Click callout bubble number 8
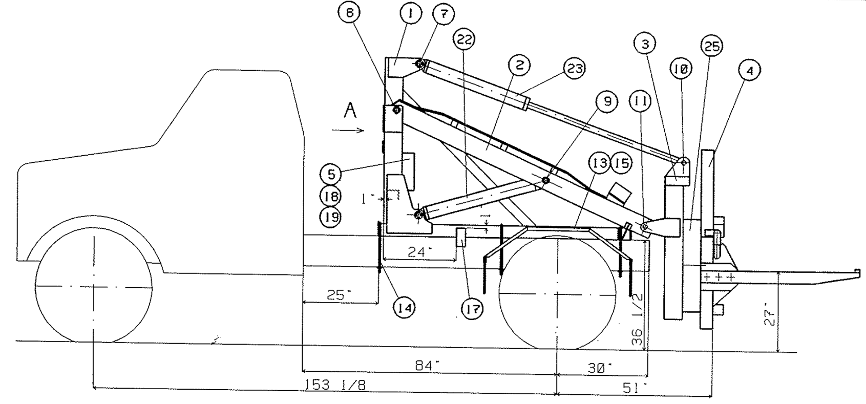349,13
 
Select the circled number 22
464,39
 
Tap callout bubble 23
574,69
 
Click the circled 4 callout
749,71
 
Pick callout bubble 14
405,308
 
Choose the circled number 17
473,309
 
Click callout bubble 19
330,217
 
